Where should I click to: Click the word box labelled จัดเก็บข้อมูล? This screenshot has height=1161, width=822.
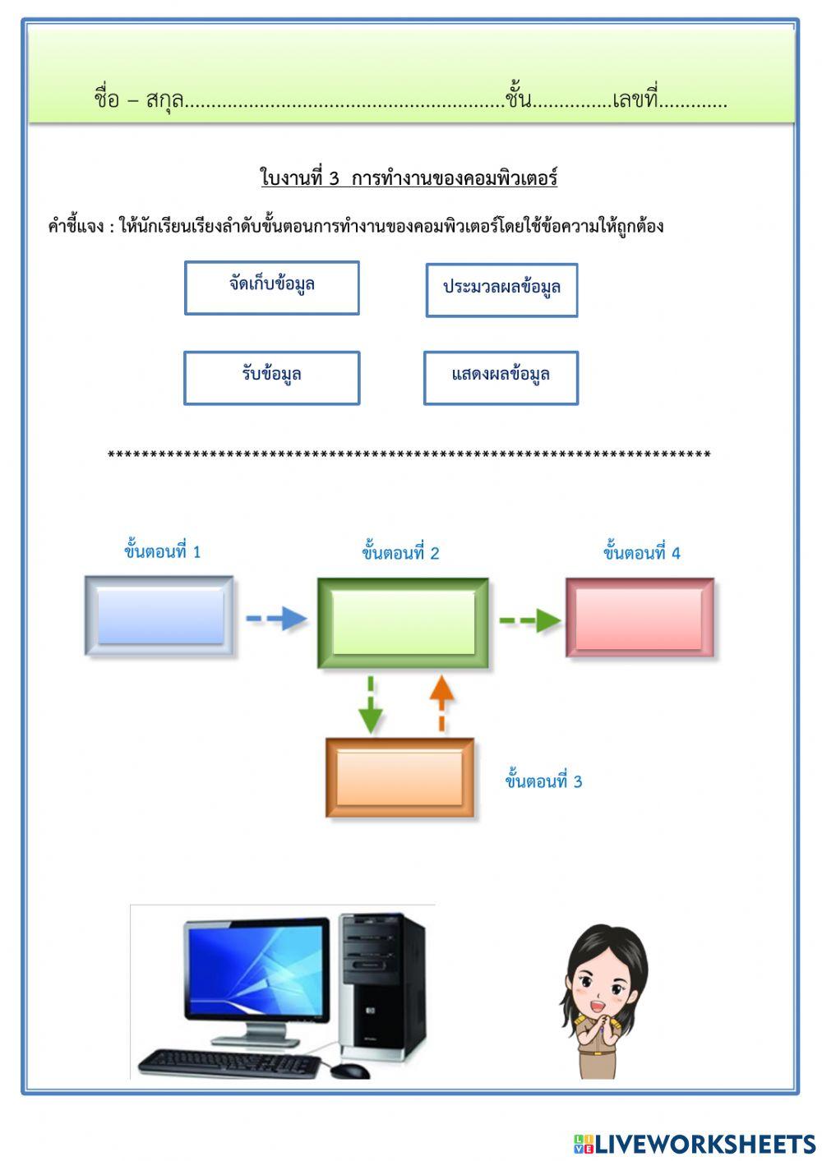pyautogui.click(x=271, y=288)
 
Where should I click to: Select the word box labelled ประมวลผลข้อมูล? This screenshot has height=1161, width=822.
pyautogui.click(x=501, y=289)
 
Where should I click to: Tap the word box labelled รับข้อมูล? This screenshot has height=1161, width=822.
pyautogui.click(x=271, y=377)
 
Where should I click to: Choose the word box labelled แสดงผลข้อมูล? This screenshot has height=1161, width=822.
pyautogui.click(x=501, y=377)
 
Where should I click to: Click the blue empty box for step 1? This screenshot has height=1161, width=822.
pyautogui.click(x=159, y=616)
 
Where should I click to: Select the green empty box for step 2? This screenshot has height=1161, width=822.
pyautogui.click(x=403, y=623)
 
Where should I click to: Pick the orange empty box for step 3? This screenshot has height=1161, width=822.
pyautogui.click(x=400, y=777)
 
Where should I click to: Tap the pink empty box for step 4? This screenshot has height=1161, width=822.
pyautogui.click(x=640, y=618)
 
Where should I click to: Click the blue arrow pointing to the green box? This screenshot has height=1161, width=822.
pyautogui.click(x=275, y=618)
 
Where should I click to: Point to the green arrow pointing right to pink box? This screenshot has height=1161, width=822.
pyautogui.click(x=529, y=620)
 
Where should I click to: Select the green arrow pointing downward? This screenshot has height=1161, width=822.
pyautogui.click(x=371, y=705)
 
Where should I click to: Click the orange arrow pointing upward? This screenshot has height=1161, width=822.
pyautogui.click(x=441, y=703)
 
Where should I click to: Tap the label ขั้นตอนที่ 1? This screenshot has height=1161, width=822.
pyautogui.click(x=162, y=551)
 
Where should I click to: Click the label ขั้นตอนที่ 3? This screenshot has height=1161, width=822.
pyautogui.click(x=543, y=781)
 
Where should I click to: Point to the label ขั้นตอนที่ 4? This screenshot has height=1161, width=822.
pyautogui.click(x=641, y=553)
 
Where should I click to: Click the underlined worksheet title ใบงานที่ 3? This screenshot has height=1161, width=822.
pyautogui.click(x=409, y=178)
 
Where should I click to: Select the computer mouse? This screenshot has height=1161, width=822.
pyautogui.click(x=350, y=1070)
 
